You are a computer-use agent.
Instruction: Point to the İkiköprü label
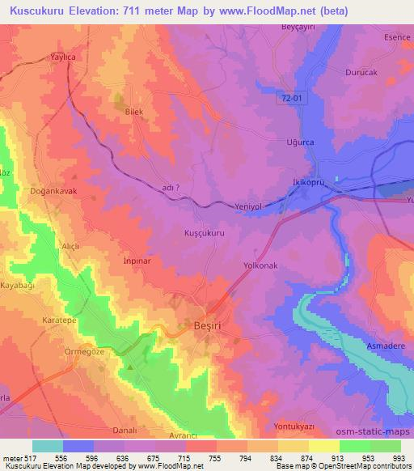pos(307,183)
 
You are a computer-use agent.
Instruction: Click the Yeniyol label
pos(249,206)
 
